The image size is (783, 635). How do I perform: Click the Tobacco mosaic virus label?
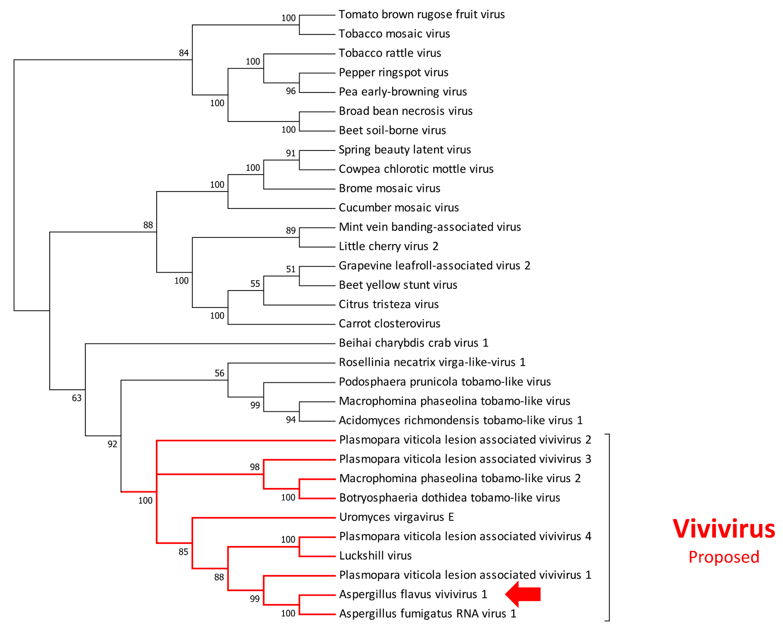(394, 34)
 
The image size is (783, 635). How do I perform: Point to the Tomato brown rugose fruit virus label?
(422, 15)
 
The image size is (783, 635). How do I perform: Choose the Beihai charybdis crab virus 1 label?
(413, 343)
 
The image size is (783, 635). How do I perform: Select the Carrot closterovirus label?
(389, 324)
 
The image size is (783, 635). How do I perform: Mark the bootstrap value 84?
(184, 53)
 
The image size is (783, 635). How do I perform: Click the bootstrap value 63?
(77, 398)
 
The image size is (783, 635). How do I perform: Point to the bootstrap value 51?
(290, 269)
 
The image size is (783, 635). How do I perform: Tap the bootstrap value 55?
(255, 284)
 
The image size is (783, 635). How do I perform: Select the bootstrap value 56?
(219, 373)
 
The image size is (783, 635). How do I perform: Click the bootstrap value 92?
(112, 444)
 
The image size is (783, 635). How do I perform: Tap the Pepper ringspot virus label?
(393, 72)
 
